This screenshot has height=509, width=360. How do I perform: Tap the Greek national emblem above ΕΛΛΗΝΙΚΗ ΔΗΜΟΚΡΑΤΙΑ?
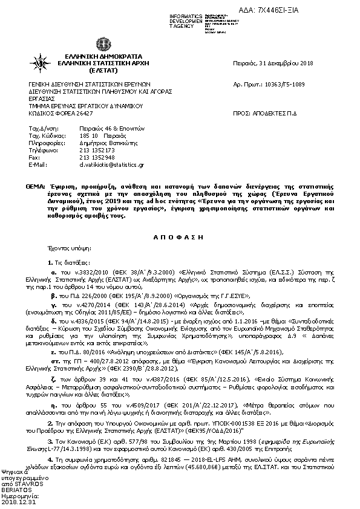click(102, 44)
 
